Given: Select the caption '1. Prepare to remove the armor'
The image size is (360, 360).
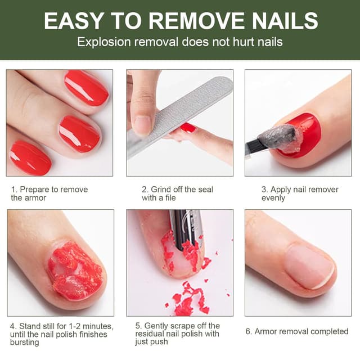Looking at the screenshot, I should pyautogui.click(x=49, y=193).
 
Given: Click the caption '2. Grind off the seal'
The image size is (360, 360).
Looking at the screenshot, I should pyautogui.click(x=177, y=190).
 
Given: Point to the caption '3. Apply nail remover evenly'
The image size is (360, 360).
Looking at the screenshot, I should pyautogui.click(x=300, y=193).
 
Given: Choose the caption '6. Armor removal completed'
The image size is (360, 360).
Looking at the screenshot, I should pyautogui.click(x=296, y=331).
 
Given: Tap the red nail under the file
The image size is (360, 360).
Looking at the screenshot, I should pyautogui.click(x=188, y=128).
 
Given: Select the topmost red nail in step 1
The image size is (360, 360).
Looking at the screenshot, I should pyautogui.click(x=86, y=87).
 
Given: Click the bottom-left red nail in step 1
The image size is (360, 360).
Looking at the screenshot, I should pyautogui.click(x=30, y=157).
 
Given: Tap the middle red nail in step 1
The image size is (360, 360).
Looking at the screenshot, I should pyautogui.click(x=79, y=133).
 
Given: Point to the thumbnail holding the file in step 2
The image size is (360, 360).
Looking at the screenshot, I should pyautogui.click(x=142, y=123).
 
